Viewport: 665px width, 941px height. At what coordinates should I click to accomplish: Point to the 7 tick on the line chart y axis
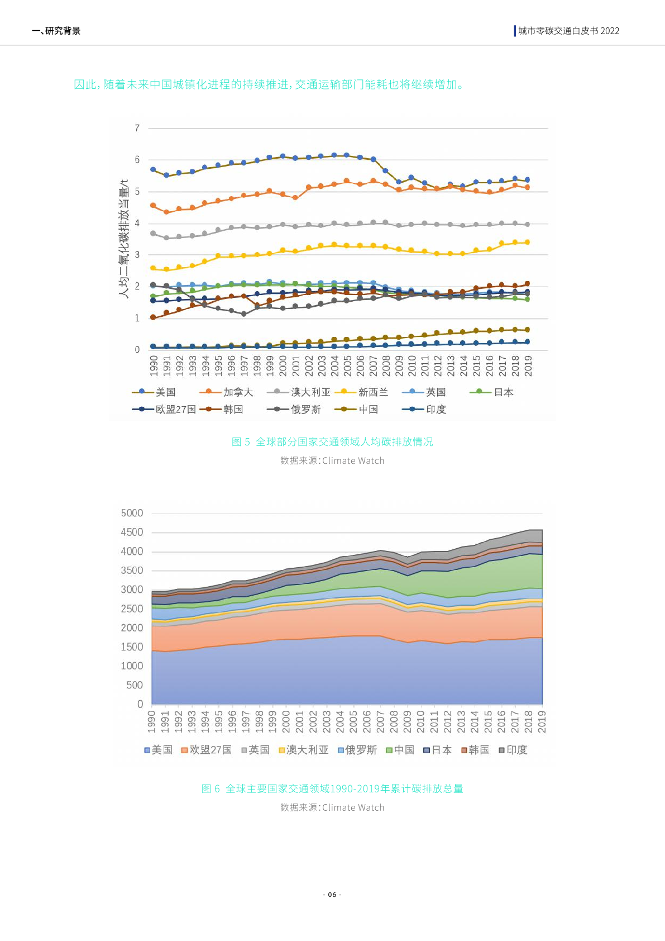tap(137, 128)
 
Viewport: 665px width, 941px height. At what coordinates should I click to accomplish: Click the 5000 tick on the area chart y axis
tap(132, 513)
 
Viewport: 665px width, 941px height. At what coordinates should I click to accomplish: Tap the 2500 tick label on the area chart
tap(132, 609)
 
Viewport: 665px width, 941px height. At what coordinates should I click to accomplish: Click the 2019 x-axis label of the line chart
tap(528, 365)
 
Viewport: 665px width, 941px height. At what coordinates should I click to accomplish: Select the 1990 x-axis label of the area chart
tap(152, 721)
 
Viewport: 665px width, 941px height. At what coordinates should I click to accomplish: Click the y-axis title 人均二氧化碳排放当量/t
tap(124, 239)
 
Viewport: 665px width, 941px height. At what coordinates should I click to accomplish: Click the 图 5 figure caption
tap(332, 442)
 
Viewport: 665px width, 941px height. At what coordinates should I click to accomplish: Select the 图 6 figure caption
tap(332, 789)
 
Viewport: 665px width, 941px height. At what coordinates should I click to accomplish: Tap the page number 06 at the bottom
tap(332, 895)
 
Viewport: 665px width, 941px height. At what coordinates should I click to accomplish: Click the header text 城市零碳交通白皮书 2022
tap(568, 31)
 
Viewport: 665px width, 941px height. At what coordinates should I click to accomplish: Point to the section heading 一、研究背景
tap(57, 31)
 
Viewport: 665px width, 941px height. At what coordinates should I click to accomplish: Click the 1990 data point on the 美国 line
tap(153, 169)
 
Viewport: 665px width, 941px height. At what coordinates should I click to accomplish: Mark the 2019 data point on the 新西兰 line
tap(527, 242)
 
